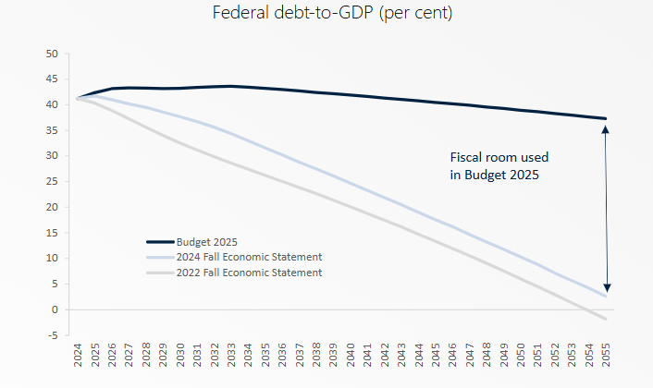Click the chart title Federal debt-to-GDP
click(326, 15)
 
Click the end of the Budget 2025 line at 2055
click(606, 118)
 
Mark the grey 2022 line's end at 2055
click(606, 320)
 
